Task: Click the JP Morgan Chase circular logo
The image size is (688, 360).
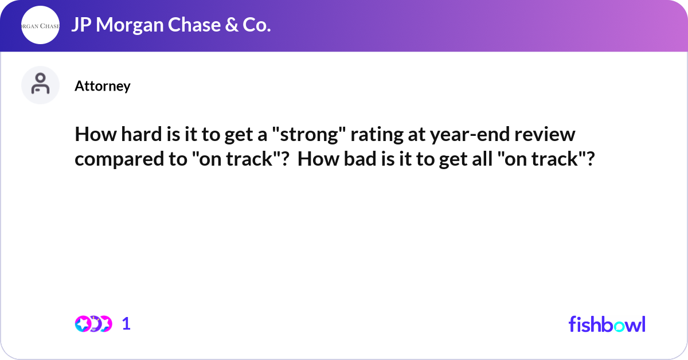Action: (x=40, y=25)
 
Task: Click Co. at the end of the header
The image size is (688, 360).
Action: (x=256, y=25)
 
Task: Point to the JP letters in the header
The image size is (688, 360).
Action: (x=81, y=25)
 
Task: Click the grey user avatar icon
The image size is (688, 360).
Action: (x=40, y=85)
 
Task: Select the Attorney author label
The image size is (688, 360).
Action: (x=103, y=86)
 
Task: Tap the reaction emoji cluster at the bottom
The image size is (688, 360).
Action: (x=93, y=324)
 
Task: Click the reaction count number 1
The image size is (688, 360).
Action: (x=127, y=324)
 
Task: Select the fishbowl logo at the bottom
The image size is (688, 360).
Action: (x=607, y=324)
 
